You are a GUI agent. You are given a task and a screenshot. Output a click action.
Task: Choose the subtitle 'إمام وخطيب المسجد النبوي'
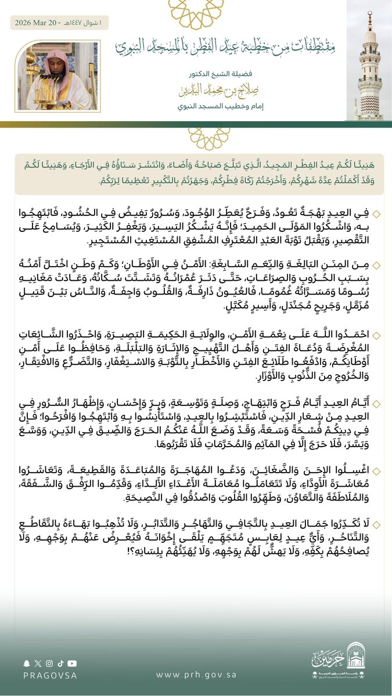222,106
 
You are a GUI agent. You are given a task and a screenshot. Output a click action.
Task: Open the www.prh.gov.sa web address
196,675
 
